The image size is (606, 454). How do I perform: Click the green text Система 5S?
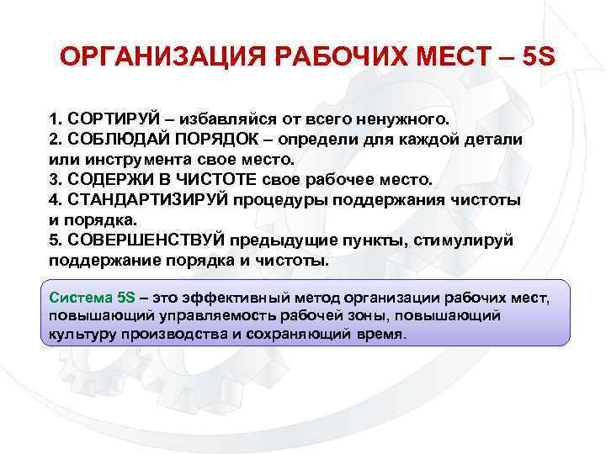92,297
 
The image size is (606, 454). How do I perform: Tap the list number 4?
55,199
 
